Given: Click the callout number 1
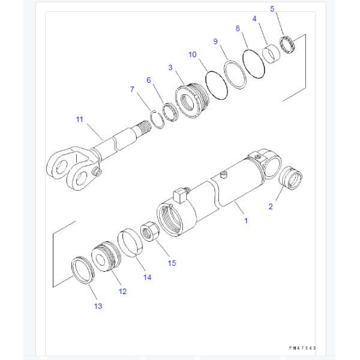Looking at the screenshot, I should coord(245,221).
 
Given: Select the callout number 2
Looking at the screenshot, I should coord(270,207).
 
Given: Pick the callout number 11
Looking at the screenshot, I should coord(79,119).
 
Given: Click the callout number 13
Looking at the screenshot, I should coord(98,306).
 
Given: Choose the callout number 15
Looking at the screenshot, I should coord(172,263).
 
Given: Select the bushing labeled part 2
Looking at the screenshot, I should coord(292,178).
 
